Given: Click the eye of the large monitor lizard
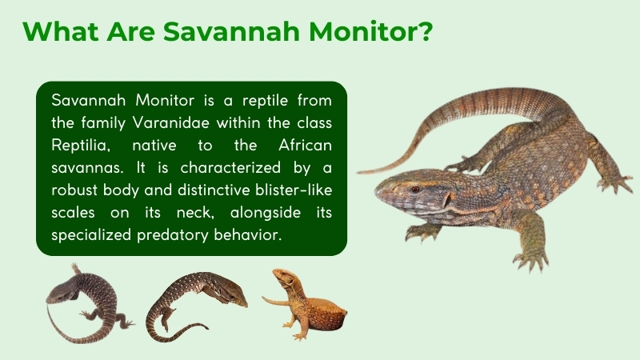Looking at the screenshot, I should pyautogui.click(x=414, y=189).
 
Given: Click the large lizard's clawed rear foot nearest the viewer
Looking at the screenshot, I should pyautogui.click(x=530, y=258).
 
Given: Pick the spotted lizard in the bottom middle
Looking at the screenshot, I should pyautogui.click(x=197, y=302).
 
